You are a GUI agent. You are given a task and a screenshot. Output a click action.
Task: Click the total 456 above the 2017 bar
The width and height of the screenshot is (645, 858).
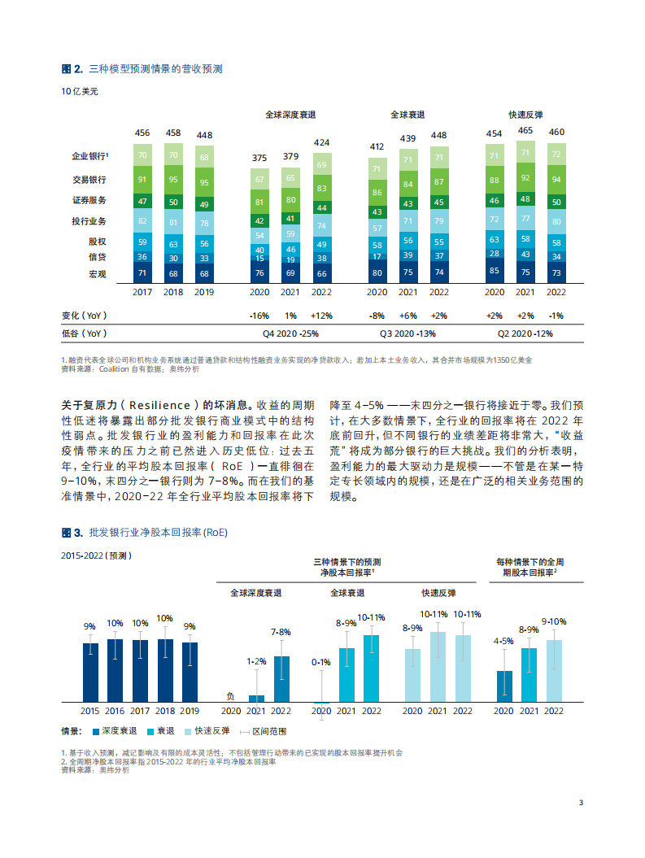pos(142,133)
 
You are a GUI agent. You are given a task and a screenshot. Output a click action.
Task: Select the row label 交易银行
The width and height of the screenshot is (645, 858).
pos(90,180)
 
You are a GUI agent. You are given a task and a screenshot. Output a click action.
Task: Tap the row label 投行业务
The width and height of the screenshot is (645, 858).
pos(90,220)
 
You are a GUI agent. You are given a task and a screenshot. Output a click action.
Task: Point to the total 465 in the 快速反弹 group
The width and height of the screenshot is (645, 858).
pos(525,130)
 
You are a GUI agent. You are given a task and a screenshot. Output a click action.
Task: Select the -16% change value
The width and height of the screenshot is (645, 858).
pos(260,316)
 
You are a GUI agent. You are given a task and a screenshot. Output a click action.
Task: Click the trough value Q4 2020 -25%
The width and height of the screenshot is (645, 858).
pos(291,333)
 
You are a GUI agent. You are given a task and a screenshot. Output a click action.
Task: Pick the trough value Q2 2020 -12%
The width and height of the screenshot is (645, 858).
pos(525,333)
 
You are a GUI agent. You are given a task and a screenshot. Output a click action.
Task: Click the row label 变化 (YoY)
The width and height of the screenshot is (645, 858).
pos(84,316)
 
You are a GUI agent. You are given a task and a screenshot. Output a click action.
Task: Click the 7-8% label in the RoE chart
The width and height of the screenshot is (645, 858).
pos(281,632)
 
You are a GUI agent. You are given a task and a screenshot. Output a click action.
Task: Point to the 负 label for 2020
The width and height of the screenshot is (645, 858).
pos(230,696)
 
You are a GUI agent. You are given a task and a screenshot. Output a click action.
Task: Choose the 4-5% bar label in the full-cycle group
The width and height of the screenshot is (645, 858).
pos(504,641)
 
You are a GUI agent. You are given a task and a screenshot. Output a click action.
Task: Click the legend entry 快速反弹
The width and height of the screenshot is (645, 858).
pos(213,731)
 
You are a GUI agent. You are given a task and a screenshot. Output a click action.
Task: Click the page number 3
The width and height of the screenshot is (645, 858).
pos(581,803)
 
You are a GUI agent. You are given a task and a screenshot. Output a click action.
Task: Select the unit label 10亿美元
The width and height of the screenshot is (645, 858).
pos(80,91)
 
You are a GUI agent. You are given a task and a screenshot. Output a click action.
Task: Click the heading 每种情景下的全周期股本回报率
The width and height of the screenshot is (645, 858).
pos(529,567)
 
